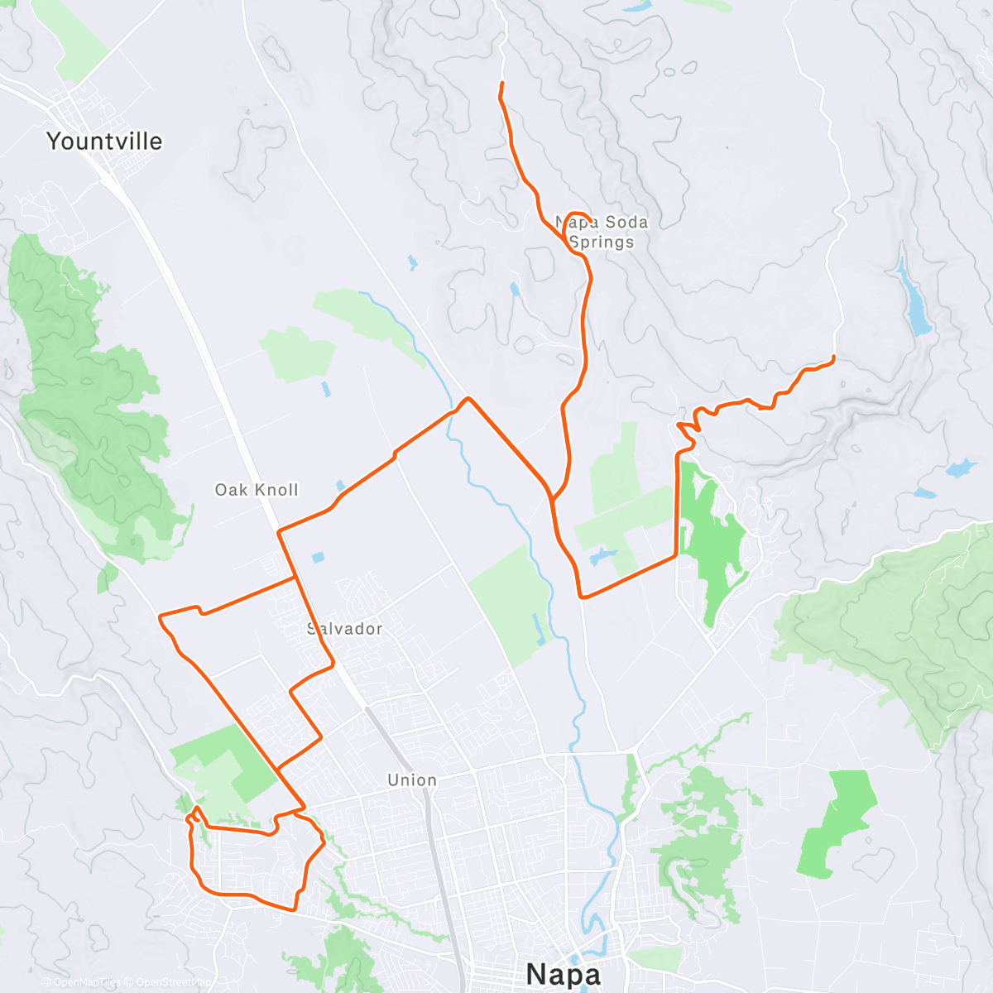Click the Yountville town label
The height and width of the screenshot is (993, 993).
point(104,142)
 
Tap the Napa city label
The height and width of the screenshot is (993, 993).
point(563,974)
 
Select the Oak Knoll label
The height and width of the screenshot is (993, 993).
point(257,490)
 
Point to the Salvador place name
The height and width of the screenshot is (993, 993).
point(345,629)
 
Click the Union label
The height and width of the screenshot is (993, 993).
point(412,780)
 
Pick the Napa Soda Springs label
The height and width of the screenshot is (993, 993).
point(602,233)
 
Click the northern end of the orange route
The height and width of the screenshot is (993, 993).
point(502,84)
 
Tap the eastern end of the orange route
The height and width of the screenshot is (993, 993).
point(832,357)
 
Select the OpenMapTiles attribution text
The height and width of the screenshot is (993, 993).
point(87,982)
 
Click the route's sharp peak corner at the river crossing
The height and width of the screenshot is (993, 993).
point(468,399)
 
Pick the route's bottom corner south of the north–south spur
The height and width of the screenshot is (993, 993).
point(583,596)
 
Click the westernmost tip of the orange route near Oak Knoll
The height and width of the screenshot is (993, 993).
point(160,616)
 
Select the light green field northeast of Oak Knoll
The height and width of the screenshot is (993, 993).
point(298,354)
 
